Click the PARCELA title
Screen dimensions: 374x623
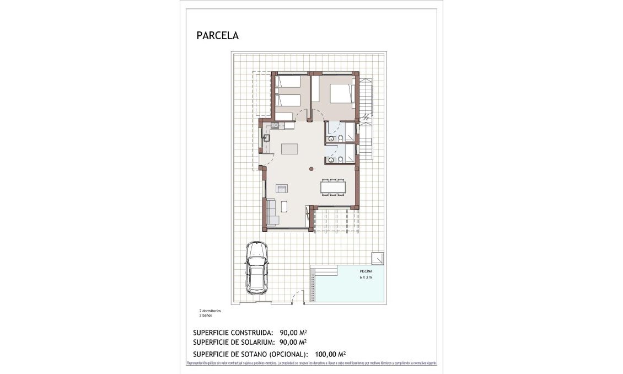(x=217, y=36)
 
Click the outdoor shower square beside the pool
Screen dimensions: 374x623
(x=378, y=258)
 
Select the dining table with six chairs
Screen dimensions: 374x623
(x=333, y=187)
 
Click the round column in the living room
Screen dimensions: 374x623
(x=311, y=169)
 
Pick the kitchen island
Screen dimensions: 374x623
(x=289, y=149)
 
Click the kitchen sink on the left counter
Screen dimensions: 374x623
(x=266, y=137)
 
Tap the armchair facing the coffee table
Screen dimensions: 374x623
(x=282, y=188)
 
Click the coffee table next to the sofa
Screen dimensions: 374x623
(x=284, y=207)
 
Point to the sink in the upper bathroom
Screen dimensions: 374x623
(x=331, y=139)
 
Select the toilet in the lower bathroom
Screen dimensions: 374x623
(x=341, y=160)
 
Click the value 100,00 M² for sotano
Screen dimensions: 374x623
(x=330, y=354)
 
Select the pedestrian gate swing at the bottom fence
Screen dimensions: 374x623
(x=297, y=297)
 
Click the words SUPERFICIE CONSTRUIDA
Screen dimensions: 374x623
(x=233, y=333)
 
